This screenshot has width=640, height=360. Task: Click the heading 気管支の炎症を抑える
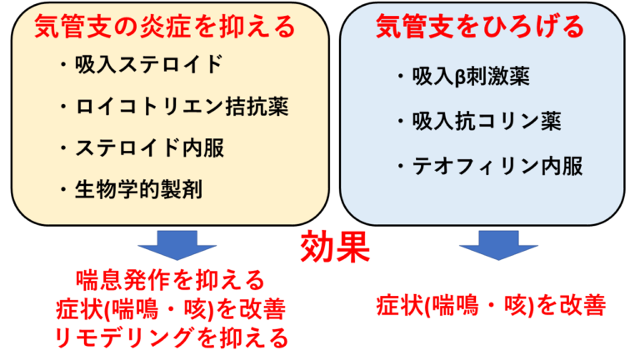(x=165, y=27)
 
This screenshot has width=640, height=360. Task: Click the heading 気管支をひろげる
(x=480, y=27)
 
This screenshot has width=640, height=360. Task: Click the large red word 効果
(x=336, y=247)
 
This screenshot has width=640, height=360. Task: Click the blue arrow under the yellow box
(x=177, y=245)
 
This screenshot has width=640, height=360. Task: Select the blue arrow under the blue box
(x=498, y=245)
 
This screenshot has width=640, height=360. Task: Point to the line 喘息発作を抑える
(x=171, y=280)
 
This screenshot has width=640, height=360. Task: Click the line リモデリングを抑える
(x=172, y=338)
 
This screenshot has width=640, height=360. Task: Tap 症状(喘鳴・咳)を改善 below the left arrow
(x=171, y=309)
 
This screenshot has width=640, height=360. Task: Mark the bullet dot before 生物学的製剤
(x=63, y=190)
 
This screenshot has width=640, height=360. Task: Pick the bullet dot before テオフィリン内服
(x=401, y=167)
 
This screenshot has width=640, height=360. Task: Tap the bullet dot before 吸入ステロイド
(x=63, y=65)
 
